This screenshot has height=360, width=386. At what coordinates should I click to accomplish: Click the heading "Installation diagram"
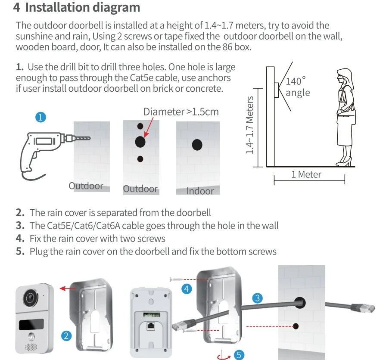82,8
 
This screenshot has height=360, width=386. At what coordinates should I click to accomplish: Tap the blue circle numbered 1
40,117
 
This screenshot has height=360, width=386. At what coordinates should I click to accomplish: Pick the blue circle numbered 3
257,298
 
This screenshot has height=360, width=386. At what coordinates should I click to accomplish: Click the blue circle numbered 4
187,289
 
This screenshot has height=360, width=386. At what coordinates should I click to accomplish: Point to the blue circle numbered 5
238,354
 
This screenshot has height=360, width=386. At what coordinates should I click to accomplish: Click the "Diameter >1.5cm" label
181,112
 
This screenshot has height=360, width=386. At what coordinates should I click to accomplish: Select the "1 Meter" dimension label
306,174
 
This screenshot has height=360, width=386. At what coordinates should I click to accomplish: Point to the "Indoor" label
200,191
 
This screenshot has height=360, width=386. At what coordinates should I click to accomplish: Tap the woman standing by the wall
345,116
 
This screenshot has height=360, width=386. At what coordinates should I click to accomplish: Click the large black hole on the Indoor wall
197,145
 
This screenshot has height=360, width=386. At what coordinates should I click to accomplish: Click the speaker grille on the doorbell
30,347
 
